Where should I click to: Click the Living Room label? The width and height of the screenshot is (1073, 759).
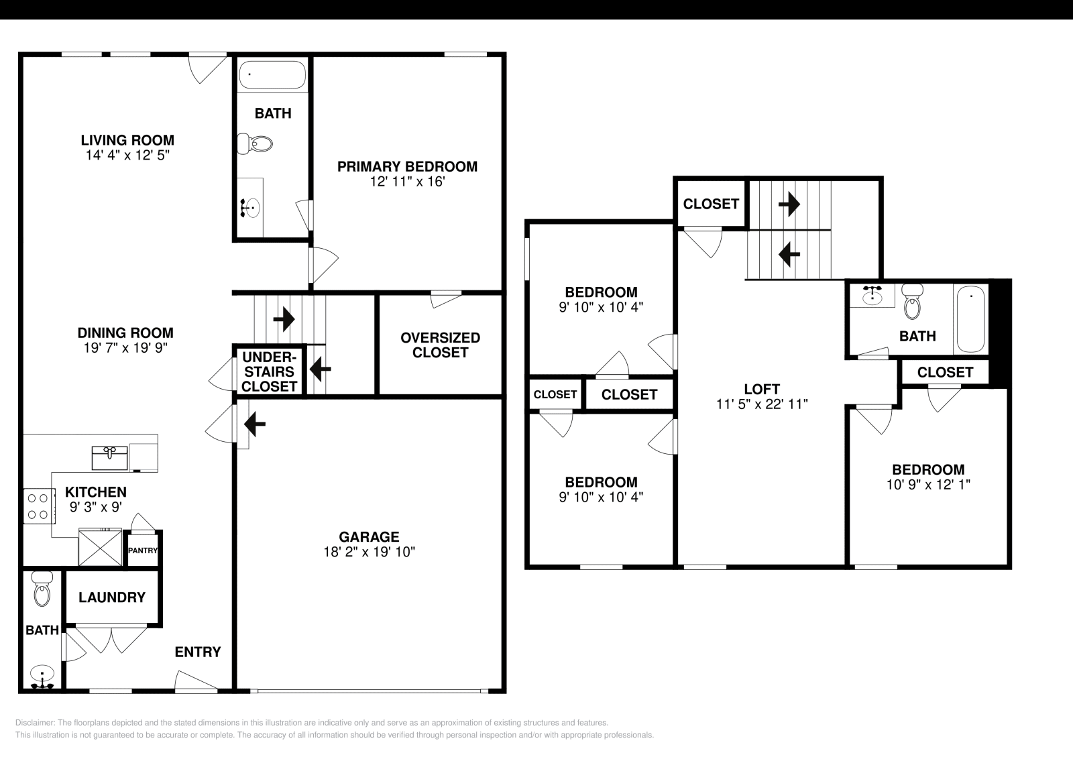[127, 140]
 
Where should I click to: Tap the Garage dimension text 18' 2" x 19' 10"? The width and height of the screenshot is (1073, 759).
[369, 552]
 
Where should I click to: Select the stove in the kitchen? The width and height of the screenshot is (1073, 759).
[38, 506]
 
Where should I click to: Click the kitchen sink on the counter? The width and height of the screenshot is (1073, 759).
[109, 458]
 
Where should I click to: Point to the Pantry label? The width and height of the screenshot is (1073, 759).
[143, 551]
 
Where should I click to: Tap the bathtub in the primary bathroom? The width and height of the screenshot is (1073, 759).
[272, 75]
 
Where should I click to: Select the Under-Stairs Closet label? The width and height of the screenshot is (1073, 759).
[269, 371]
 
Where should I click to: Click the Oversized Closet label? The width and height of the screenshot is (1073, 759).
[440, 345]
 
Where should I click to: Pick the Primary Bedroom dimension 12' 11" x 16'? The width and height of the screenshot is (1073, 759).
[407, 182]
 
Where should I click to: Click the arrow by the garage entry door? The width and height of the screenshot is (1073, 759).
[256, 424]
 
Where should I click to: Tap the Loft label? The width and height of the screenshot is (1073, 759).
[762, 389]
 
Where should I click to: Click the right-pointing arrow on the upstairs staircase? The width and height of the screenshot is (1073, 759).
[789, 203]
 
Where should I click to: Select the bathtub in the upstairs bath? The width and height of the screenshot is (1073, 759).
[970, 318]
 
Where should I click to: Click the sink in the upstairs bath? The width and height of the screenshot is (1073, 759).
[872, 295]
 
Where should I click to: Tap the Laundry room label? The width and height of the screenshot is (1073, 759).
[112, 597]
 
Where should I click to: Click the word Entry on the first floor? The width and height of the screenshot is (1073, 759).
[198, 652]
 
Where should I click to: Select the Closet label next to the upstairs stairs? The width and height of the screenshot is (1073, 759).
[711, 203]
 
